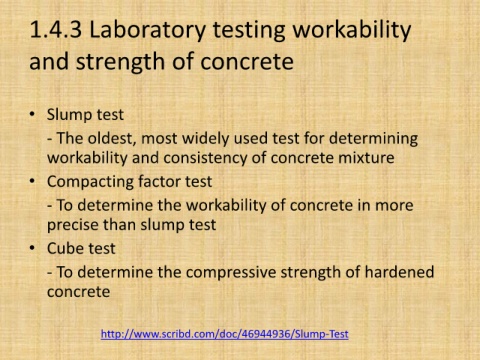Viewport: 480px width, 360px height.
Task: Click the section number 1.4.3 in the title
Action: (56, 30)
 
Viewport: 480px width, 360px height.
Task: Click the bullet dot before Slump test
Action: (32, 114)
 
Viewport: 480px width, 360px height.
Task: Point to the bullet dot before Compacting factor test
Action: (32, 181)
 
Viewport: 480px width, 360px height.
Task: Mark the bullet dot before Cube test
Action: (32, 248)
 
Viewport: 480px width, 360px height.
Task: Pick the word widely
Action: (205, 139)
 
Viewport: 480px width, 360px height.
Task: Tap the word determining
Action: (373, 139)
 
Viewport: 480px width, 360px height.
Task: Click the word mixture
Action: (366, 158)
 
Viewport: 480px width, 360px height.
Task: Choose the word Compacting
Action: (90, 182)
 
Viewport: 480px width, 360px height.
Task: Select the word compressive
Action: (231, 273)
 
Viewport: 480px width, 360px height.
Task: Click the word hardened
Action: (399, 272)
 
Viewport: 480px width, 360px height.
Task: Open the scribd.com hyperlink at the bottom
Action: (225, 334)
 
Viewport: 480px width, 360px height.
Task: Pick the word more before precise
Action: (394, 205)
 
